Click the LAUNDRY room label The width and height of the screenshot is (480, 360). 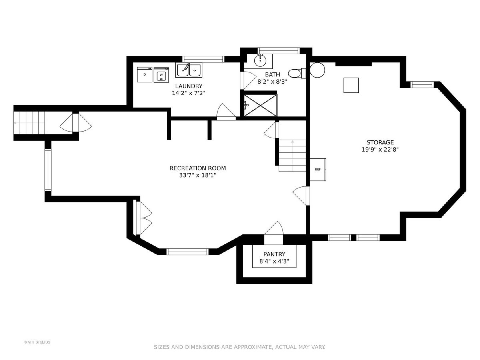tap(188, 86)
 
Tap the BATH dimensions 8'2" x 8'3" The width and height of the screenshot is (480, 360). tap(272, 82)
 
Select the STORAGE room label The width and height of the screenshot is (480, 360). tap(380, 142)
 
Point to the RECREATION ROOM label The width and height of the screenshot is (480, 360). tap(198, 168)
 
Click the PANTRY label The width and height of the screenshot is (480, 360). tap(274, 254)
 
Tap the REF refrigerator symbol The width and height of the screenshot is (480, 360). tap(318, 169)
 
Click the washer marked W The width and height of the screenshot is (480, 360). tap(161, 75)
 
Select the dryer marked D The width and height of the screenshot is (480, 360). tap(144, 74)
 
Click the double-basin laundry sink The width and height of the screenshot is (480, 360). tap(189, 70)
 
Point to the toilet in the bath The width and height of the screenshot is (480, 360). tap(297, 73)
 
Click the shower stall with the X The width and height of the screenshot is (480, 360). tap(260, 105)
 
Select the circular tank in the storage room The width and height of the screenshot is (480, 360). tap(317, 70)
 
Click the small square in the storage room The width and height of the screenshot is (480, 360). tap(351, 85)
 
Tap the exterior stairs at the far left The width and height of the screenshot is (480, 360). tap(29, 123)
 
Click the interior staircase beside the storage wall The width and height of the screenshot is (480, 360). tap(292, 156)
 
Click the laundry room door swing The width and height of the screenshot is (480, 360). tap(226, 111)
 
